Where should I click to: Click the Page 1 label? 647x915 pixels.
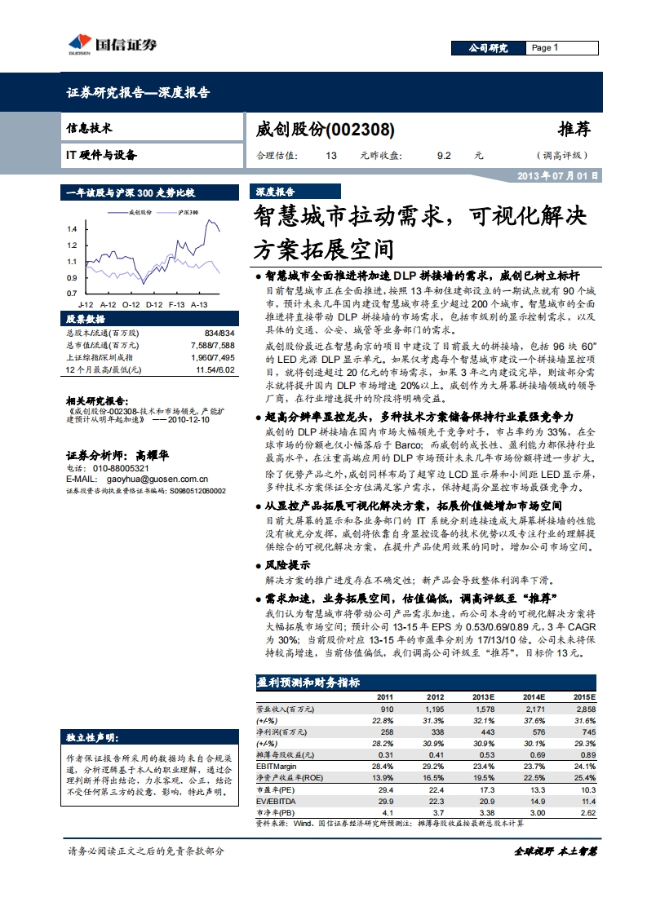[544, 48]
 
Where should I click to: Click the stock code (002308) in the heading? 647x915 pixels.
[361, 130]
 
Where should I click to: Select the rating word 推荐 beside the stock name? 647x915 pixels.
[573, 129]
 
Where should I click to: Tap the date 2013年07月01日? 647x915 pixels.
[559, 175]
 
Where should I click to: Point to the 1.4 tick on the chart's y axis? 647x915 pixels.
[72, 229]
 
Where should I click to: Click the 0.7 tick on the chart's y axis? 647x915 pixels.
[72, 293]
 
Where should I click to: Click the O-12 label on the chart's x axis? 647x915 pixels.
[131, 303]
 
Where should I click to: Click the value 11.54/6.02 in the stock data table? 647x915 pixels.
[215, 369]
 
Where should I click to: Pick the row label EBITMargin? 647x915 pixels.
[277, 765]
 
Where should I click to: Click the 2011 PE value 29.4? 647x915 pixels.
[386, 789]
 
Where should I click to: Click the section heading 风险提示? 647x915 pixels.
[287, 564]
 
